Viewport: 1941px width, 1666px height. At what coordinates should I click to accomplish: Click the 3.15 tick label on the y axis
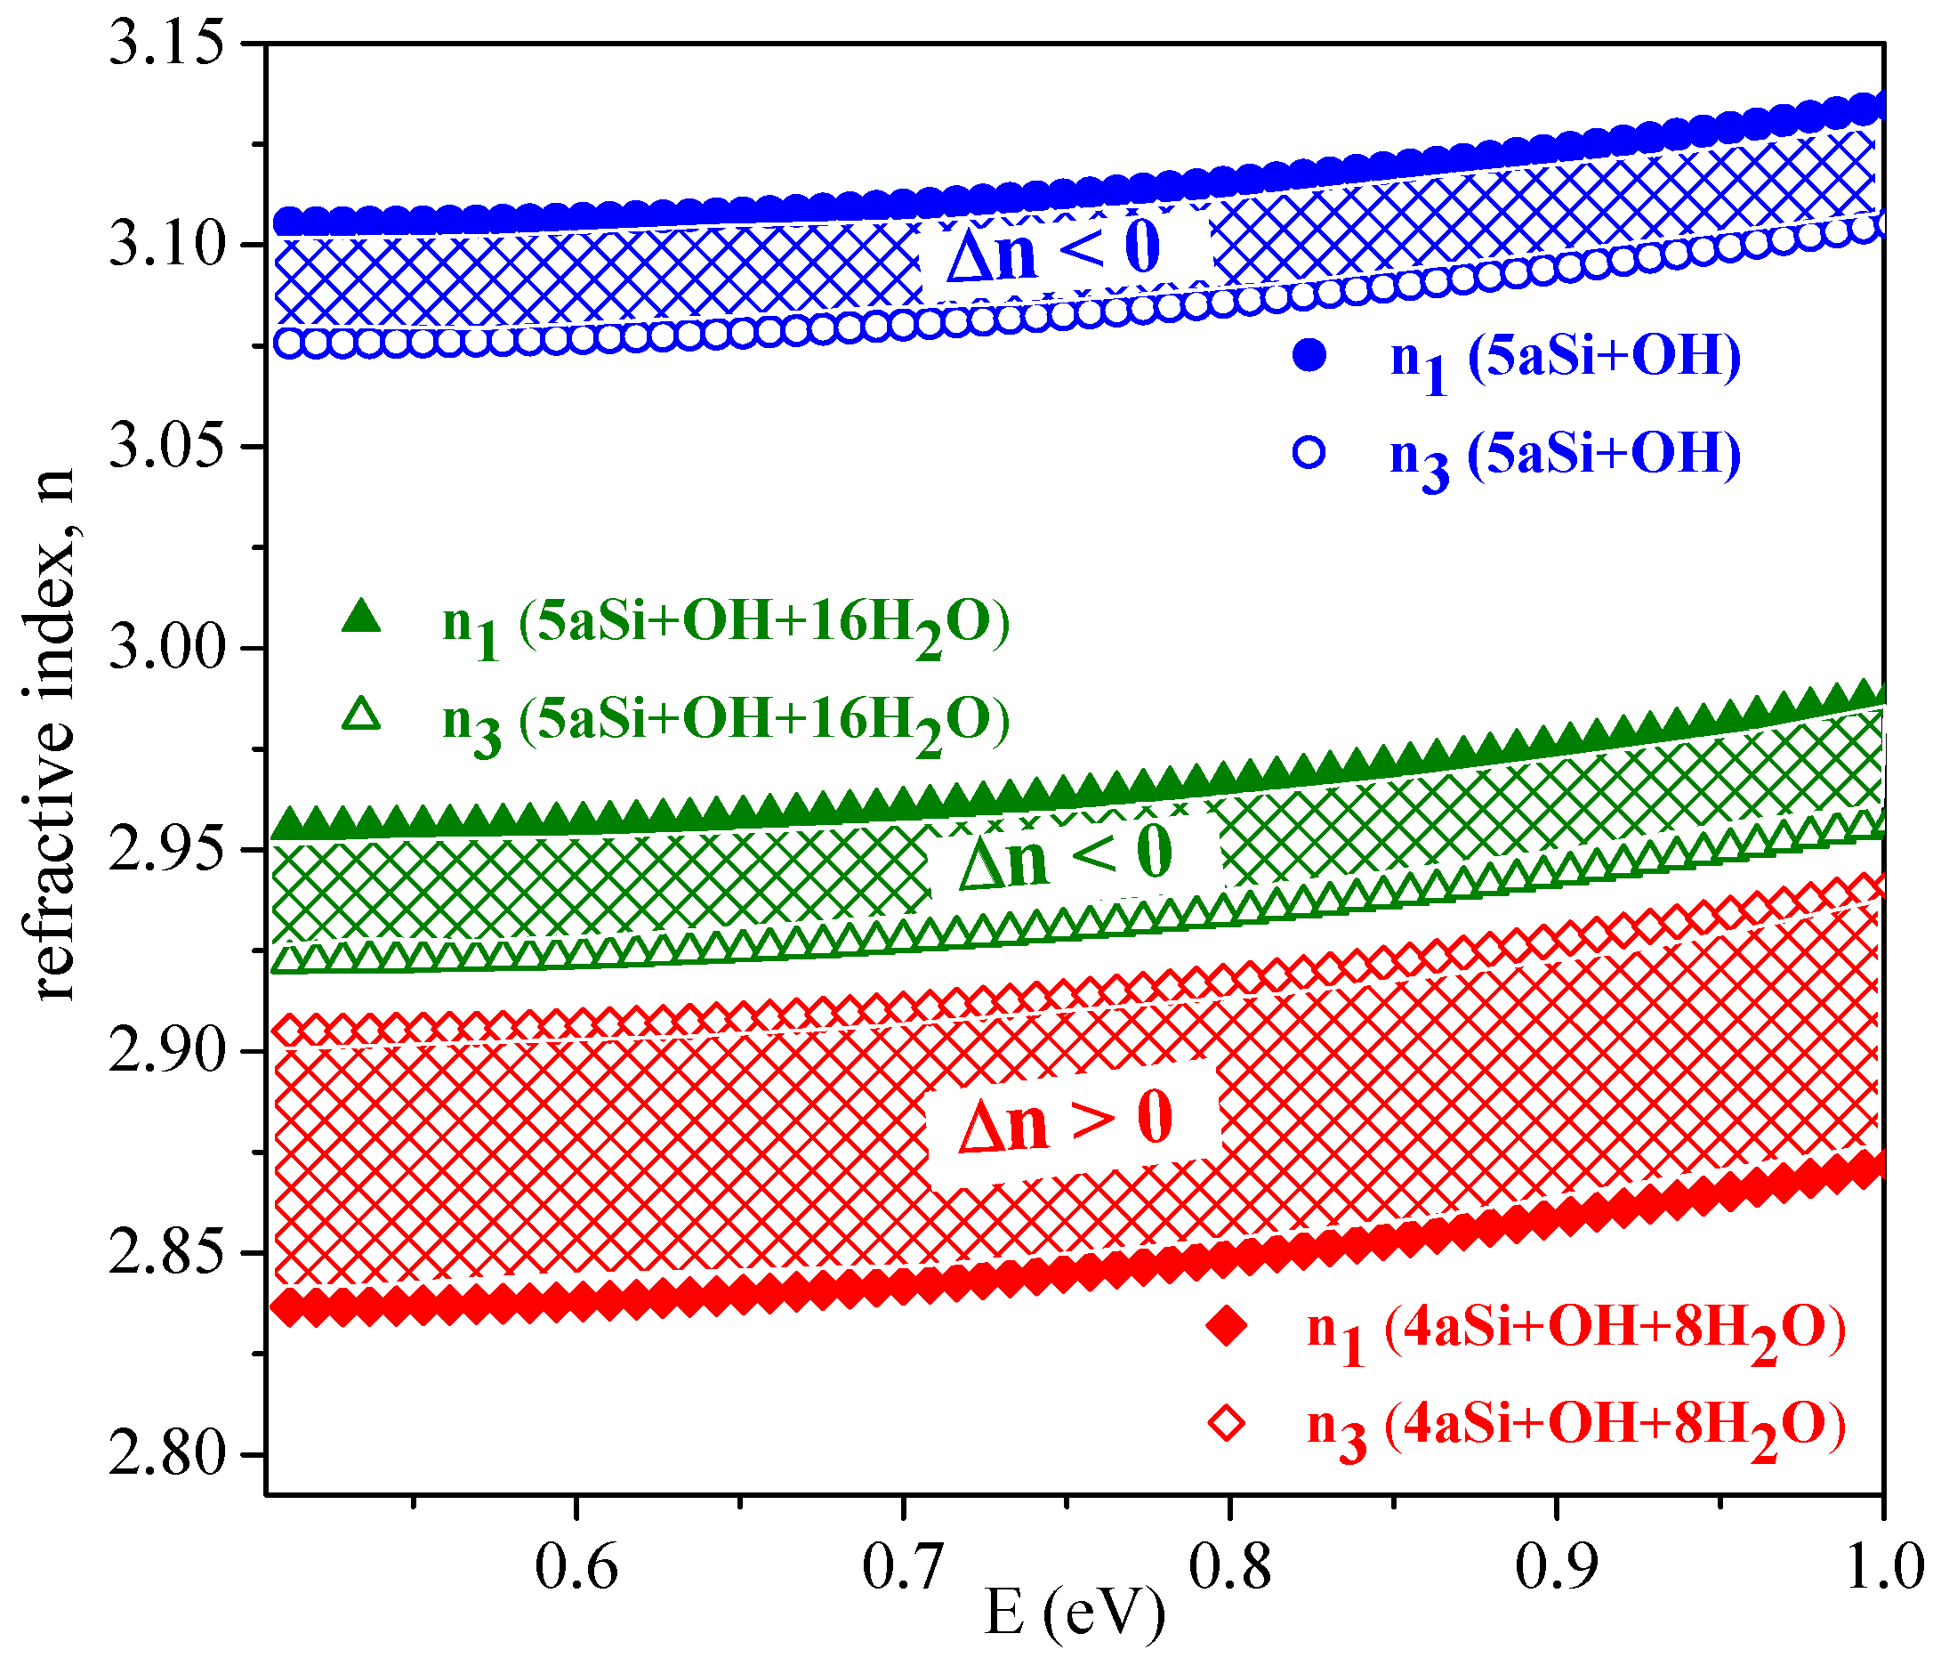(166, 43)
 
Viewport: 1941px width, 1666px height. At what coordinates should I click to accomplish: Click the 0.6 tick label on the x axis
(576, 1565)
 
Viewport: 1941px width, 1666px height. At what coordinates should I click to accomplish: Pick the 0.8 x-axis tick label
(1229, 1565)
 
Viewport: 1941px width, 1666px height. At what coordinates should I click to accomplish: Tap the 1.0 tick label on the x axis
(1883, 1565)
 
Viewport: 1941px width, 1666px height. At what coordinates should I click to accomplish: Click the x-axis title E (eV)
(1075, 1613)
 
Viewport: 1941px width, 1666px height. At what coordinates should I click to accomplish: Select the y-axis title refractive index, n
(49, 736)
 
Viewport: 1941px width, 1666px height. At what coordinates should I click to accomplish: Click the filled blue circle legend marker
(1309, 356)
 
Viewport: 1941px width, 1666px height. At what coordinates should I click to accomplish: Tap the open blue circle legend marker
(1309, 454)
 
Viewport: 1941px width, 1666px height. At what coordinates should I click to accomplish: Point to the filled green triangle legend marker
(360, 617)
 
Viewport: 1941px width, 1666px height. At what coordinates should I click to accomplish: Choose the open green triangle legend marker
(360, 714)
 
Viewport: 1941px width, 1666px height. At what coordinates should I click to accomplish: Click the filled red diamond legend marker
(1226, 1327)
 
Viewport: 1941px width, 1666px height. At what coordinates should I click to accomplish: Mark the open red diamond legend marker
(1226, 1424)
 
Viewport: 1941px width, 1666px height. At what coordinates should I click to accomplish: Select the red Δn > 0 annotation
(1065, 1120)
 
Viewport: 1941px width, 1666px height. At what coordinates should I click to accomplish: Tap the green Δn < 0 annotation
(1065, 854)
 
